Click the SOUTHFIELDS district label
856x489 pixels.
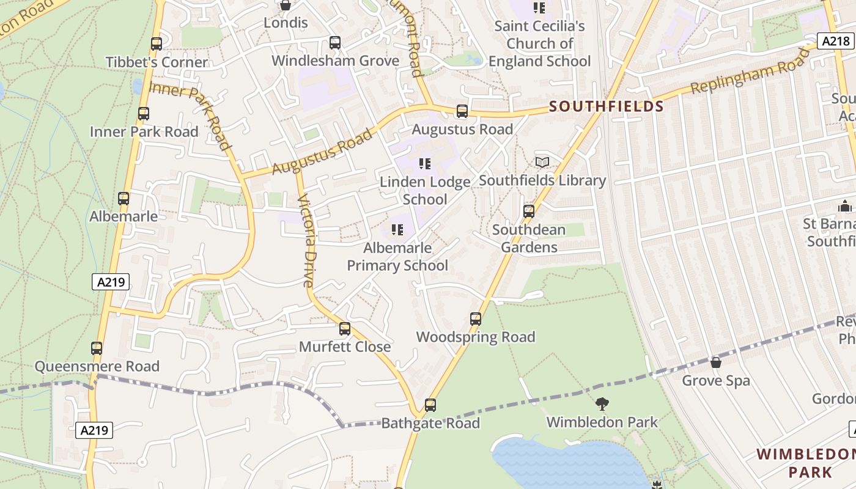click(x=606, y=106)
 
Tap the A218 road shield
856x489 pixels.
click(x=835, y=41)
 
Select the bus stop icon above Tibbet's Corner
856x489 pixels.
click(x=157, y=44)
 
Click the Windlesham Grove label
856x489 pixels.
click(x=335, y=61)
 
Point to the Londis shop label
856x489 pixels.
click(x=286, y=23)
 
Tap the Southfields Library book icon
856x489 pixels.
click(x=542, y=162)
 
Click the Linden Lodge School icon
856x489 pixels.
click(x=425, y=164)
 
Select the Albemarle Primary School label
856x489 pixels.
click(x=397, y=257)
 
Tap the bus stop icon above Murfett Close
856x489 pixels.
click(x=345, y=329)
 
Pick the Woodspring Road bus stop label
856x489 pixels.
click(x=476, y=337)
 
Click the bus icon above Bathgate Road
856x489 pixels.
click(x=430, y=405)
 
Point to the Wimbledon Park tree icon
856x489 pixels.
click(x=602, y=404)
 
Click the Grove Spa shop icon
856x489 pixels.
click(x=716, y=362)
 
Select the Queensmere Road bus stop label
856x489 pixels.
click(x=97, y=366)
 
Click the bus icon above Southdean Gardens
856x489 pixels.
click(x=529, y=211)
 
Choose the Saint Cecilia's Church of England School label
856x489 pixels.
click(x=539, y=43)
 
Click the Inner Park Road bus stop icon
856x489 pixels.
click(x=144, y=114)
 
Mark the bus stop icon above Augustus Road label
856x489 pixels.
click(x=462, y=111)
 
